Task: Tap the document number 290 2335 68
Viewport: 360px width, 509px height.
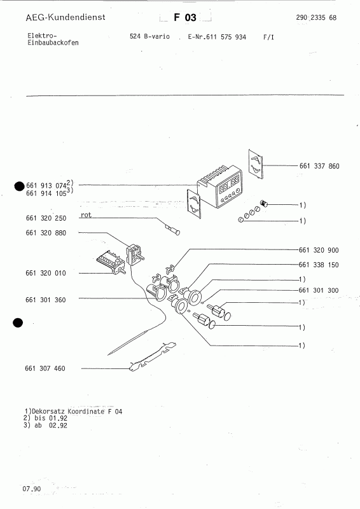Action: [x=316, y=18]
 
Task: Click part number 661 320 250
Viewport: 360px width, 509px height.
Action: [x=46, y=218]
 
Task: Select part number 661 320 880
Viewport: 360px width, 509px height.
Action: [x=46, y=233]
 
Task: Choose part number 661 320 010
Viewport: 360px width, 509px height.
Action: [x=46, y=273]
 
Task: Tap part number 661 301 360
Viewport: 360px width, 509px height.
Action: [x=46, y=300]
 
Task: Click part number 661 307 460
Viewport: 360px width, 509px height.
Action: [x=46, y=369]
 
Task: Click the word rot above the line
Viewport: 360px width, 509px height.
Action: [x=87, y=216]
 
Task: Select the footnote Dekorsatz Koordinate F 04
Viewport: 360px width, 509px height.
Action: [x=71, y=412]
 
